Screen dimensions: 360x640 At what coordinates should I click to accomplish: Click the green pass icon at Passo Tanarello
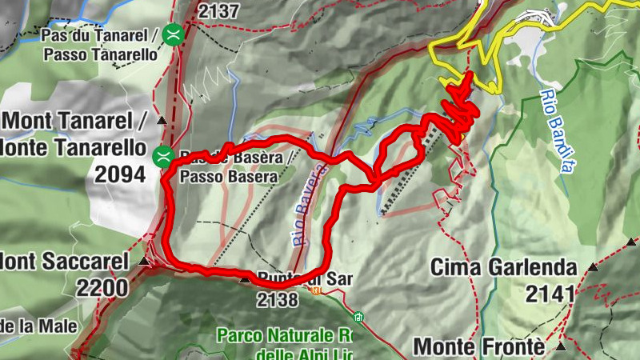(172, 34)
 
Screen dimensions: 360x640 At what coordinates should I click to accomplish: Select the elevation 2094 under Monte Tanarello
(120, 174)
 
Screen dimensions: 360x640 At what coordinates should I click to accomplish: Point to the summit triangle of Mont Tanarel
(162, 121)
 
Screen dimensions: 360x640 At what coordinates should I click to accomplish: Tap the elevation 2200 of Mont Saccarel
(102, 287)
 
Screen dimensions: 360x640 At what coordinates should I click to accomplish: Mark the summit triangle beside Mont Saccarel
(144, 261)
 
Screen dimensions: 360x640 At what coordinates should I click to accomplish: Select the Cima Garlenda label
(504, 267)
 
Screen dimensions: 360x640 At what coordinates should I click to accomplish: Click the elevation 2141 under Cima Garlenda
(550, 294)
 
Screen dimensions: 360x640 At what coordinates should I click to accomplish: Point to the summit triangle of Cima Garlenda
(593, 267)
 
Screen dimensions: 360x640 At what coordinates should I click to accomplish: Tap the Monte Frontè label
(479, 347)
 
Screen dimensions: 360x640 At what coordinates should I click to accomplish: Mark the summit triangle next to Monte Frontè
(561, 347)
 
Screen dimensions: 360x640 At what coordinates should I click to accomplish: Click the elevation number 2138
(278, 300)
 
